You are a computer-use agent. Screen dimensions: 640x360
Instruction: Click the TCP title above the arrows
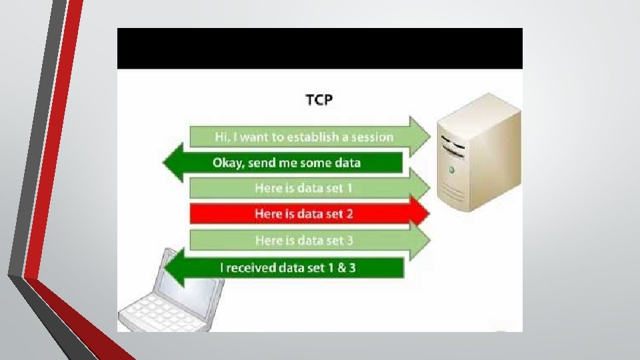[319, 101]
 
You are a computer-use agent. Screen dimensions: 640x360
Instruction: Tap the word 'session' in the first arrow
[371, 137]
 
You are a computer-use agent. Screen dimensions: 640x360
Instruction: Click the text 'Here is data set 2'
[303, 214]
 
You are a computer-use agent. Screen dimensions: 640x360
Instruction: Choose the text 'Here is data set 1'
[303, 188]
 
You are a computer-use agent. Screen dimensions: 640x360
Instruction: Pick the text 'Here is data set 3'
[303, 240]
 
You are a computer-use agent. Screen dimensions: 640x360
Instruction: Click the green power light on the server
[452, 171]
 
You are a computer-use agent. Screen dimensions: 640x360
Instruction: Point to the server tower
[479, 160]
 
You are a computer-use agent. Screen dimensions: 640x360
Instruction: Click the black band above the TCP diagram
[319, 48]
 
